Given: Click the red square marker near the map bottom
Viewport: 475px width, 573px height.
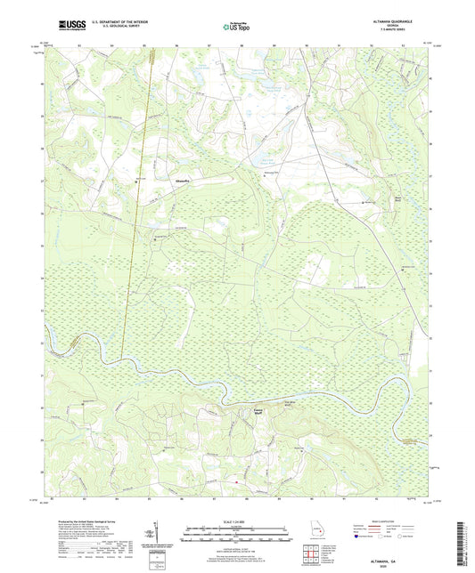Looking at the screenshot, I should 235,482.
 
